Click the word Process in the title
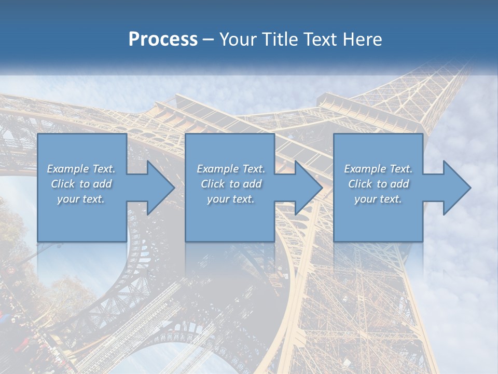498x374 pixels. click(163, 39)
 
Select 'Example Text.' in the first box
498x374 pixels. click(81, 169)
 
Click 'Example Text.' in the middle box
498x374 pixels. click(231, 169)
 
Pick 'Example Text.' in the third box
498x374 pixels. click(378, 169)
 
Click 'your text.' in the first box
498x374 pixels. click(81, 199)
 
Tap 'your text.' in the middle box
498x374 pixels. click(231, 199)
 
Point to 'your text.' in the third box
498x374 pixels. click(378, 199)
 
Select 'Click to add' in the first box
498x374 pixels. click(81, 184)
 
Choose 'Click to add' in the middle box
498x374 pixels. click(231, 184)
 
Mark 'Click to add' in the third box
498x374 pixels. click(378, 184)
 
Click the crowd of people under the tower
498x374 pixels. click(21, 332)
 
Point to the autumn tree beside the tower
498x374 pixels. click(13, 229)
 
